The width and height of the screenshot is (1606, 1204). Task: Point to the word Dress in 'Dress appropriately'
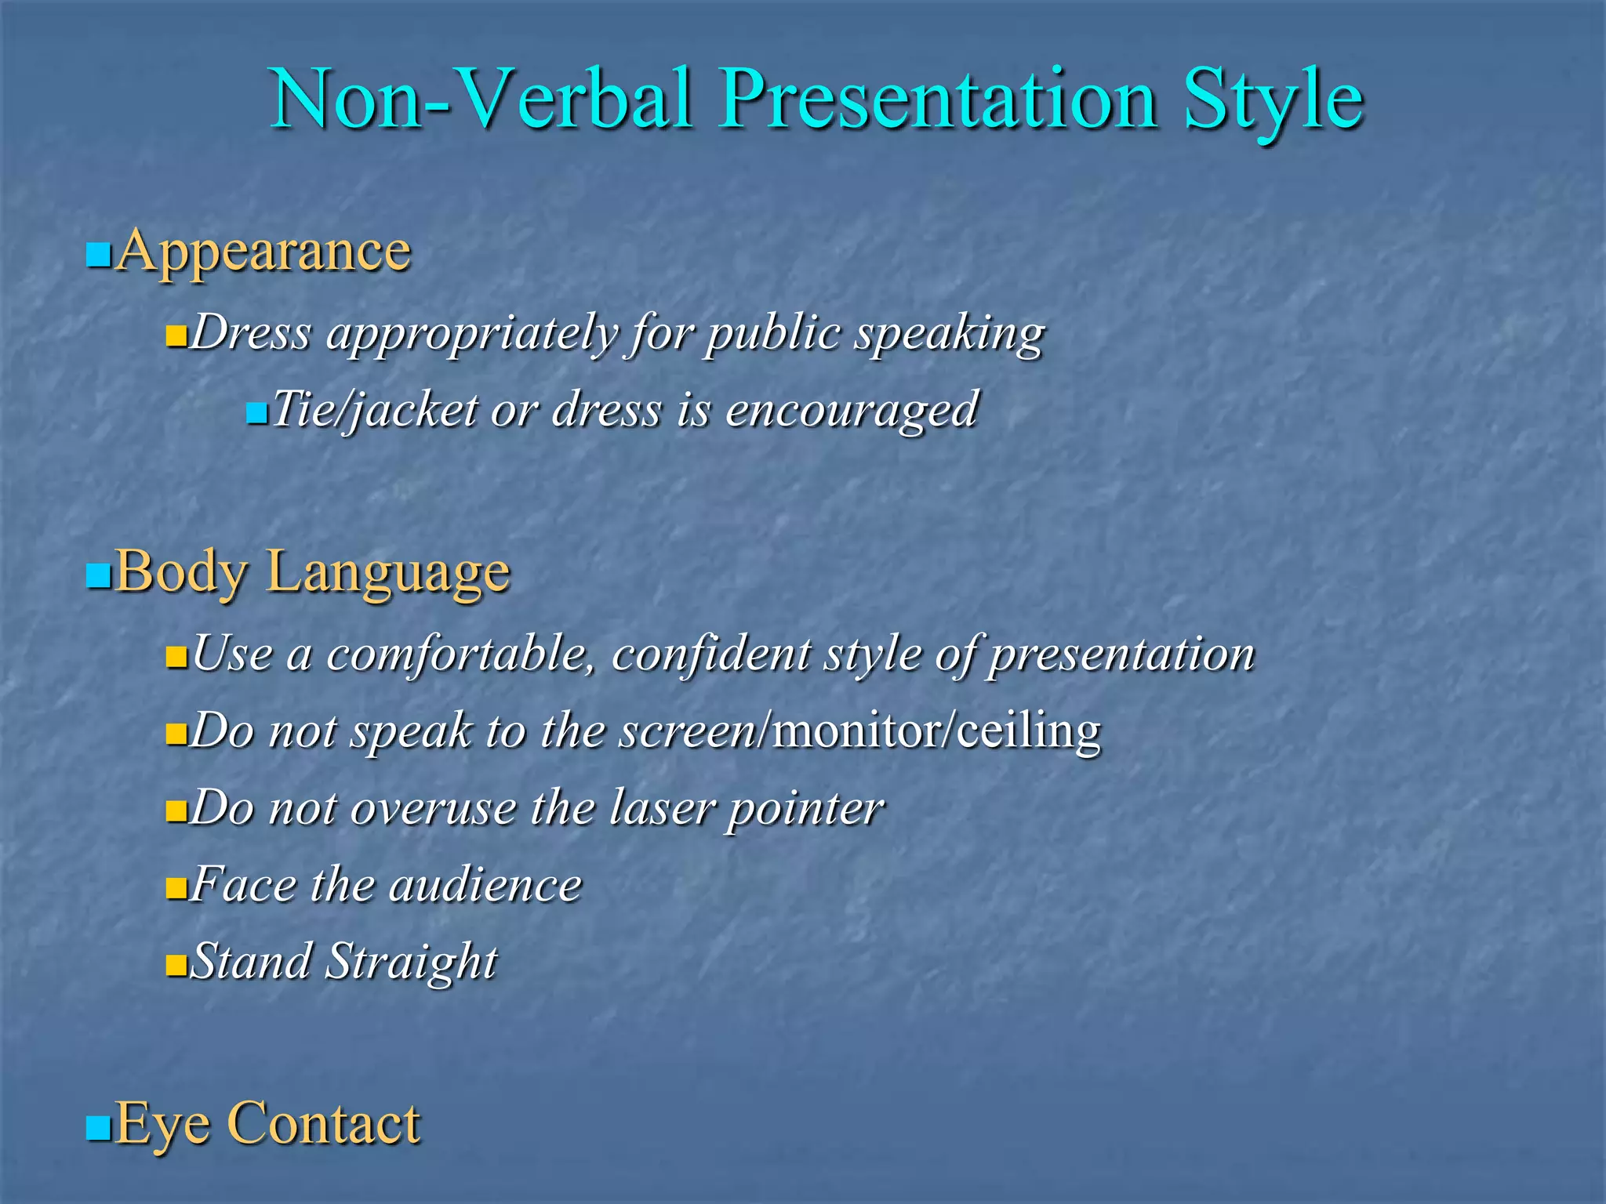click(x=252, y=332)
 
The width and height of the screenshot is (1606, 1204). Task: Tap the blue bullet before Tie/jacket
click(x=256, y=412)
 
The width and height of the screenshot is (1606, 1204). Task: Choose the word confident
click(x=710, y=653)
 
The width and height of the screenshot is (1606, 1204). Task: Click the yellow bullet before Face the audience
click(x=176, y=889)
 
